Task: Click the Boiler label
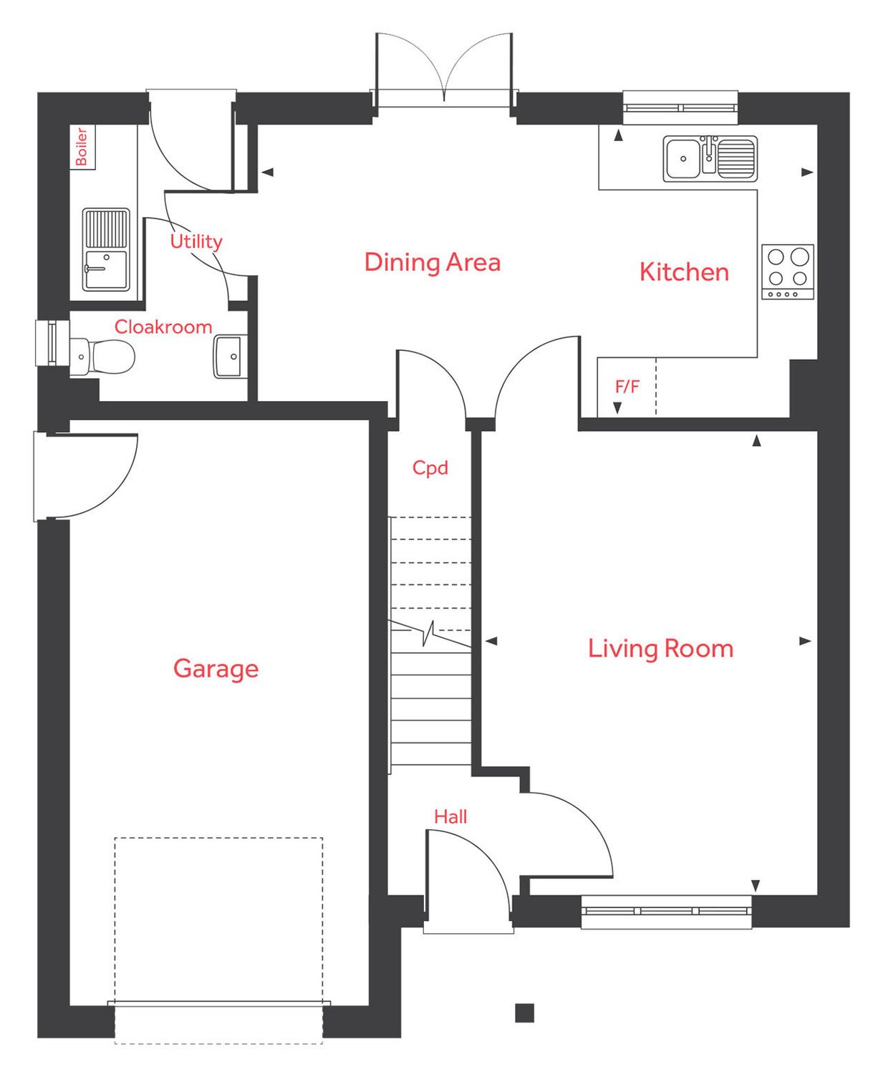click(x=82, y=147)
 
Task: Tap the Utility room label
click(x=196, y=242)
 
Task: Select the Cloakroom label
click(x=163, y=327)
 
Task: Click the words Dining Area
click(x=432, y=262)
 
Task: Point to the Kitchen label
click(x=684, y=272)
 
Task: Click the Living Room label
click(x=660, y=649)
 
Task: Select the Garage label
click(x=216, y=669)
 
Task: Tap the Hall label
click(x=450, y=816)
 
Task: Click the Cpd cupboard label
click(x=430, y=468)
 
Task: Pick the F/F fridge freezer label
click(x=627, y=387)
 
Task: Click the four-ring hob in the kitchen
click(x=787, y=272)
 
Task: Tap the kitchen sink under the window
click(x=709, y=158)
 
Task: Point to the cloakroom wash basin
click(x=229, y=356)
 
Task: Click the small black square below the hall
click(x=524, y=1013)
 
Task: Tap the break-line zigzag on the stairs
click(x=429, y=633)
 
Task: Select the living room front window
click(x=666, y=912)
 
